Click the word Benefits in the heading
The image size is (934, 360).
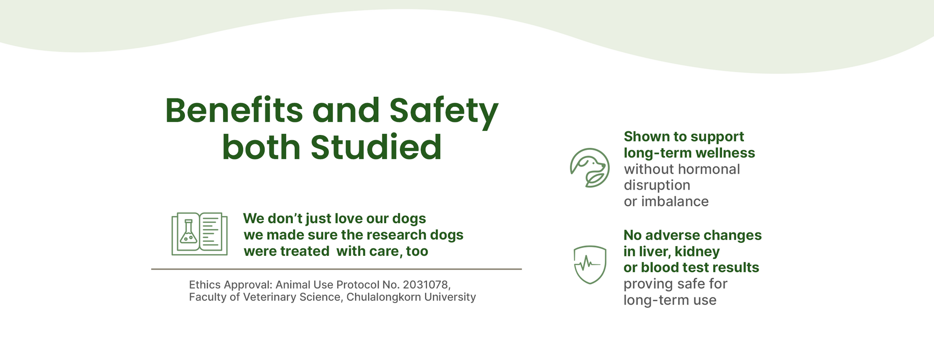coord(234,111)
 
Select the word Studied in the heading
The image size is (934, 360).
coord(376,147)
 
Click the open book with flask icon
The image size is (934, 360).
coord(199,234)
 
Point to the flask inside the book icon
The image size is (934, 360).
coord(189,232)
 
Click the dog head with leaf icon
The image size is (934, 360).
coord(590,168)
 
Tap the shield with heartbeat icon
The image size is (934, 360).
coord(590,265)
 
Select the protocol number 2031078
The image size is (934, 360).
coord(427,285)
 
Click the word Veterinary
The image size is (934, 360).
coord(269,297)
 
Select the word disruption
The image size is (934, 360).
coord(657,185)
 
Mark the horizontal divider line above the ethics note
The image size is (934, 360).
coord(336,269)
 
